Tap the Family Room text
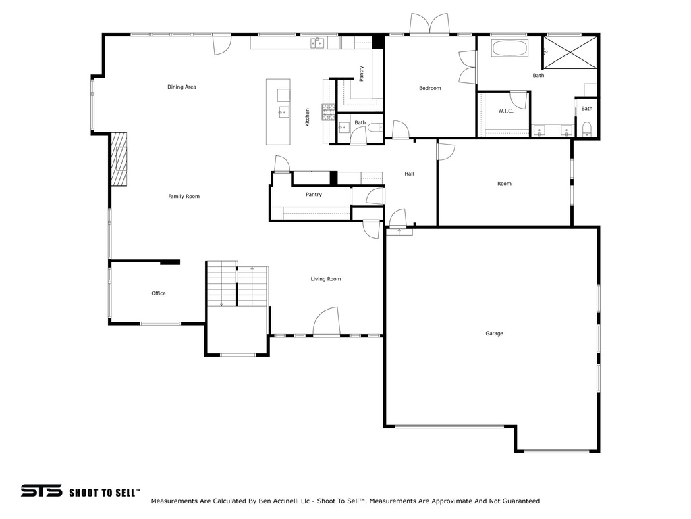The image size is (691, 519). point(184,197)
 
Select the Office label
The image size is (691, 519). point(159,293)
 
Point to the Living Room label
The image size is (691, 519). point(325,279)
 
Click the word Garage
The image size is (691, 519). point(494,333)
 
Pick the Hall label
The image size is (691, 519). point(409,174)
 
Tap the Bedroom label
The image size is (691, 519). point(430,89)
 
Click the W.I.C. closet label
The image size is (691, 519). point(505,111)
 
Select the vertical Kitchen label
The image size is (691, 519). point(308,118)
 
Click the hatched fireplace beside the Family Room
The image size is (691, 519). point(119,159)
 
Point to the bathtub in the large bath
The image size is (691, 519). point(511,49)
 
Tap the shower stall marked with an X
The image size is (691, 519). point(570,52)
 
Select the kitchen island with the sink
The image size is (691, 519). point(278,112)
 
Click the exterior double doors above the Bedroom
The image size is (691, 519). point(429,25)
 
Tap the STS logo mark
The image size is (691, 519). point(41,491)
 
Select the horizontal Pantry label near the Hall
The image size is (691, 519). point(313,195)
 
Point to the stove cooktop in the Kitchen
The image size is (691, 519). point(329,112)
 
